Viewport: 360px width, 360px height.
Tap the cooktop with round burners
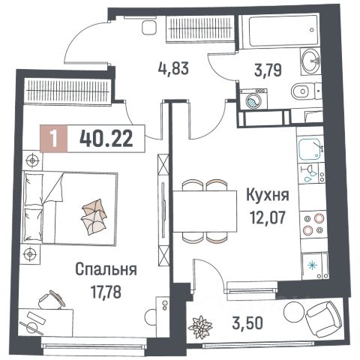tap(310, 224)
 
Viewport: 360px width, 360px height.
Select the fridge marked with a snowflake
tap(311, 264)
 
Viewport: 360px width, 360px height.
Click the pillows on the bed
tap(95, 217)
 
